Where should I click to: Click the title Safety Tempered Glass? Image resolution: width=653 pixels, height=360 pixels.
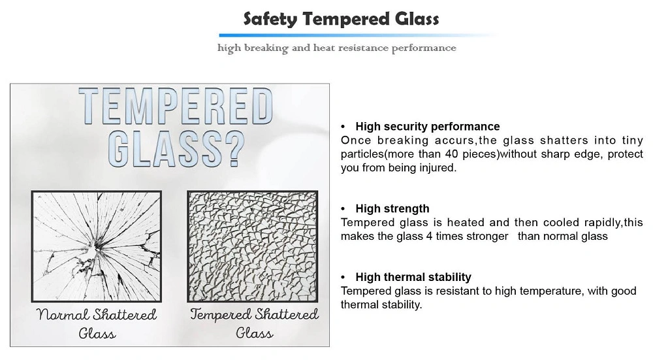click(341, 19)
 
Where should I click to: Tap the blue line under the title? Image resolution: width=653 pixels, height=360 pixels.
click(358, 35)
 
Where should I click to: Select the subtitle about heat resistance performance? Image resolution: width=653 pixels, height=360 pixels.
click(336, 48)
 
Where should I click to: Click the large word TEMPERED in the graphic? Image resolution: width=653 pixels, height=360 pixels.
click(175, 106)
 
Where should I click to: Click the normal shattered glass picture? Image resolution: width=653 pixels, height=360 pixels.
click(96, 246)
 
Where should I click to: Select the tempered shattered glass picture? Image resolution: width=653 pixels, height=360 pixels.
click(252, 246)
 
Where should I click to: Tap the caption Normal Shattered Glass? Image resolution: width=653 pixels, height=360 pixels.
click(97, 323)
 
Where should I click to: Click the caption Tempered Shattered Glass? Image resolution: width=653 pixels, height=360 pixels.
click(254, 323)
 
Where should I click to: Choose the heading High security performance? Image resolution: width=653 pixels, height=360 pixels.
click(428, 126)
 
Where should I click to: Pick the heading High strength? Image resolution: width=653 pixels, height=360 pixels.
click(392, 208)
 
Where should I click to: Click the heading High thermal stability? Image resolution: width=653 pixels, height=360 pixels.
click(413, 277)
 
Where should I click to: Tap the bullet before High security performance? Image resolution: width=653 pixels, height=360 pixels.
click(343, 127)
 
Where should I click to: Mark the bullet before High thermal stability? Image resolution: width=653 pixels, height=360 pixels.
click(343, 278)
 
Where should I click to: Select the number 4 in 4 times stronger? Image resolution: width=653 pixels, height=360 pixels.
click(429, 237)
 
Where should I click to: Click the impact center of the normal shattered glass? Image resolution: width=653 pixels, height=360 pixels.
click(97, 246)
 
